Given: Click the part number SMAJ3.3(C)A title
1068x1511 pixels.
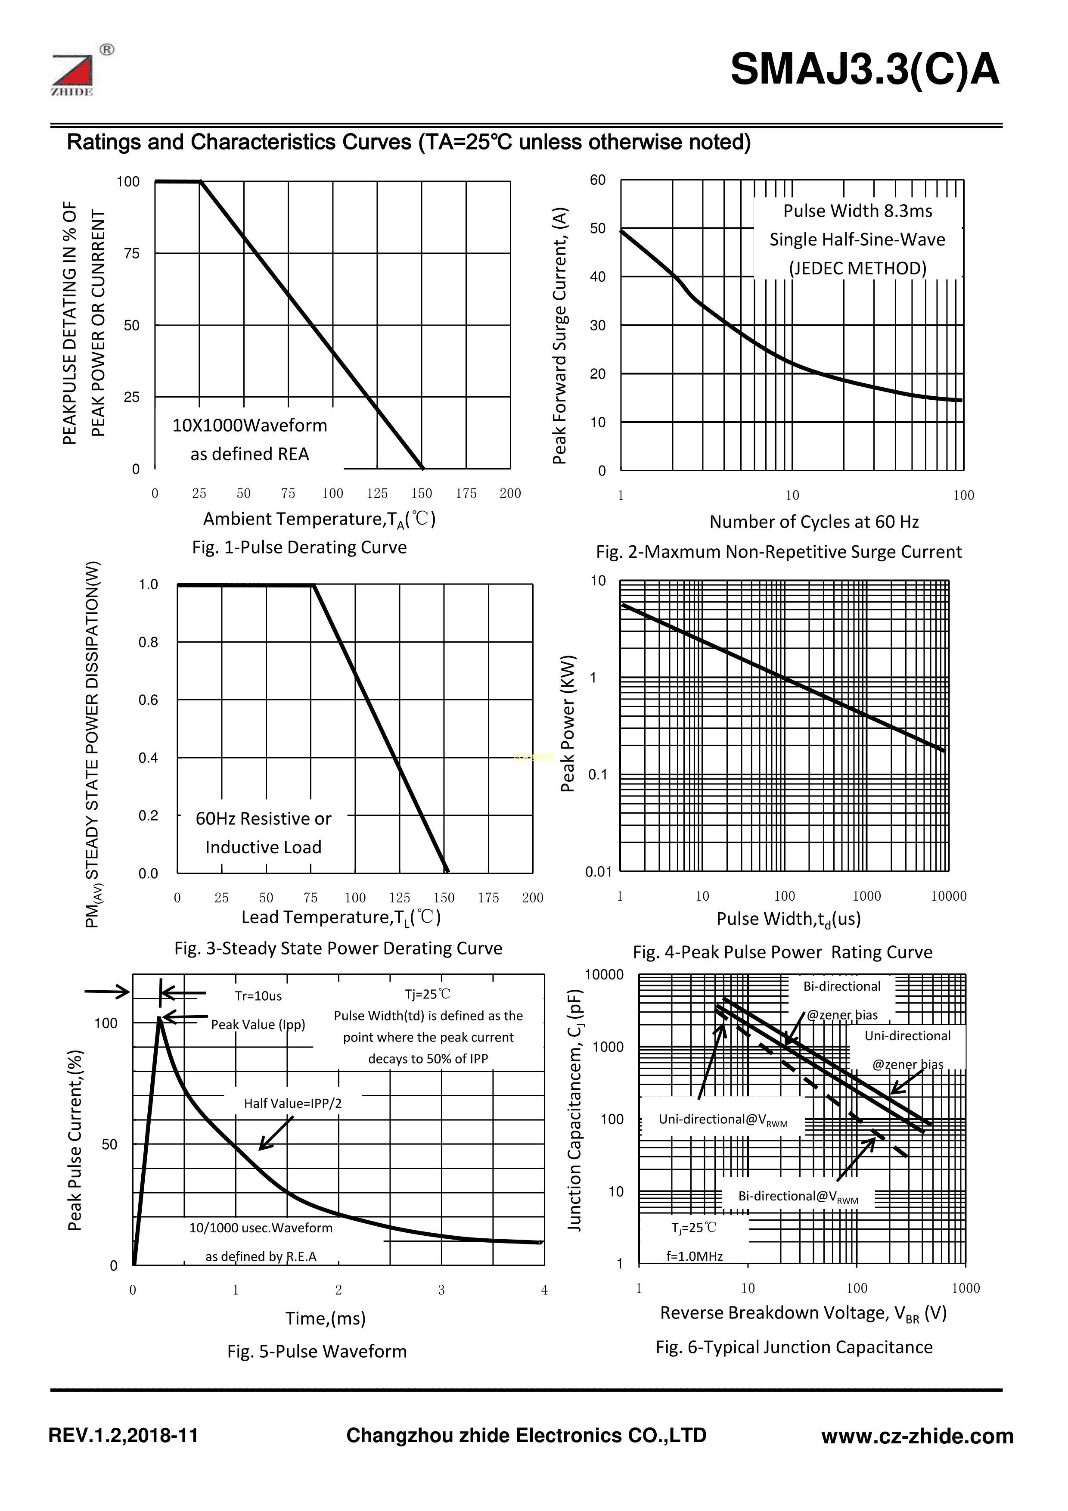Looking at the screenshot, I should click(865, 70).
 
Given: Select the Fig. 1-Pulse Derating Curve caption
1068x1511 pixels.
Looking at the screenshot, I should click(299, 547).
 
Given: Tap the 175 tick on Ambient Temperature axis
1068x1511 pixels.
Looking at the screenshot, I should click(466, 494).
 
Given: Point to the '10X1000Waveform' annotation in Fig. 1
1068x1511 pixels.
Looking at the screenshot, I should click(249, 426).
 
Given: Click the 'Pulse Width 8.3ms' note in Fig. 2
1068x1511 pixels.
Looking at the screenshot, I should click(857, 211).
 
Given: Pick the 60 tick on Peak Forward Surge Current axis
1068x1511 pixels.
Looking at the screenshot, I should click(597, 180).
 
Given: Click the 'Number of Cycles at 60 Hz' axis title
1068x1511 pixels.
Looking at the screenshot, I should click(814, 522).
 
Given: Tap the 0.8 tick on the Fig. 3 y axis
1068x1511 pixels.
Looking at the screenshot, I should click(149, 642).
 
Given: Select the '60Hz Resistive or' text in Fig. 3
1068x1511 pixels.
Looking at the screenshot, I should click(263, 819).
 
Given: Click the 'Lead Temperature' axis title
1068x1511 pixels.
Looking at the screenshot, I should click(341, 917).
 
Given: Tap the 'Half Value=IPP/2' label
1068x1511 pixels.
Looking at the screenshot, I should click(293, 1104).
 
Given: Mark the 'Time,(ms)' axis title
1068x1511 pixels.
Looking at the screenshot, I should click(325, 1319).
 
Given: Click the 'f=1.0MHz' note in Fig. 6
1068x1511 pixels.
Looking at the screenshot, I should click(694, 1256).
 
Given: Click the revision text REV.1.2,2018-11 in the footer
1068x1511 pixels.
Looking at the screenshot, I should click(124, 1436).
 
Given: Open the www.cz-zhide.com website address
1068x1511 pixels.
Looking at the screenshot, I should click(917, 1436).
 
